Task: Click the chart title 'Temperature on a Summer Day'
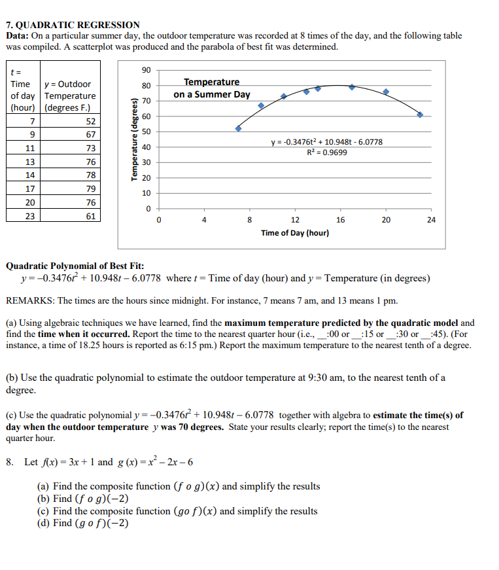(211, 88)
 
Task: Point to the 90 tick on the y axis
(146, 70)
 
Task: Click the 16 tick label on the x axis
(341, 221)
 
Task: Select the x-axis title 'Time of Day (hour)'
(294, 233)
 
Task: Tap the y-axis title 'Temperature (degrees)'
(135, 139)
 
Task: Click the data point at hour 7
(238, 128)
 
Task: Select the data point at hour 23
(420, 115)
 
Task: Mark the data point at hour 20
(386, 92)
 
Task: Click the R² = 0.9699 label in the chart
(327, 152)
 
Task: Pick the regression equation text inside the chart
(327, 142)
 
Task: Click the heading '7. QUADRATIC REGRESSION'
(73, 25)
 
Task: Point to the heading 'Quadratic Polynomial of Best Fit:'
(75, 266)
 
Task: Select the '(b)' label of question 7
(12, 378)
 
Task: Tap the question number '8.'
(10, 462)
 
